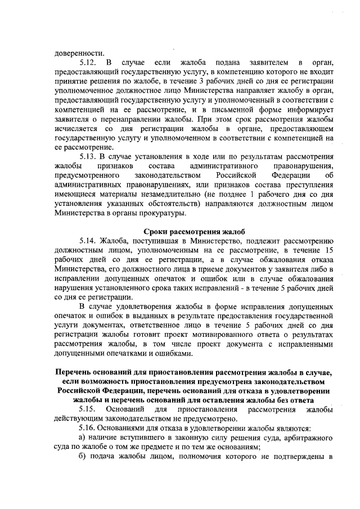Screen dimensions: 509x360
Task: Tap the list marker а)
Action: click(x=82, y=438)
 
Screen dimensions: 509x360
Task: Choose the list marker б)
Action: click(x=82, y=457)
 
